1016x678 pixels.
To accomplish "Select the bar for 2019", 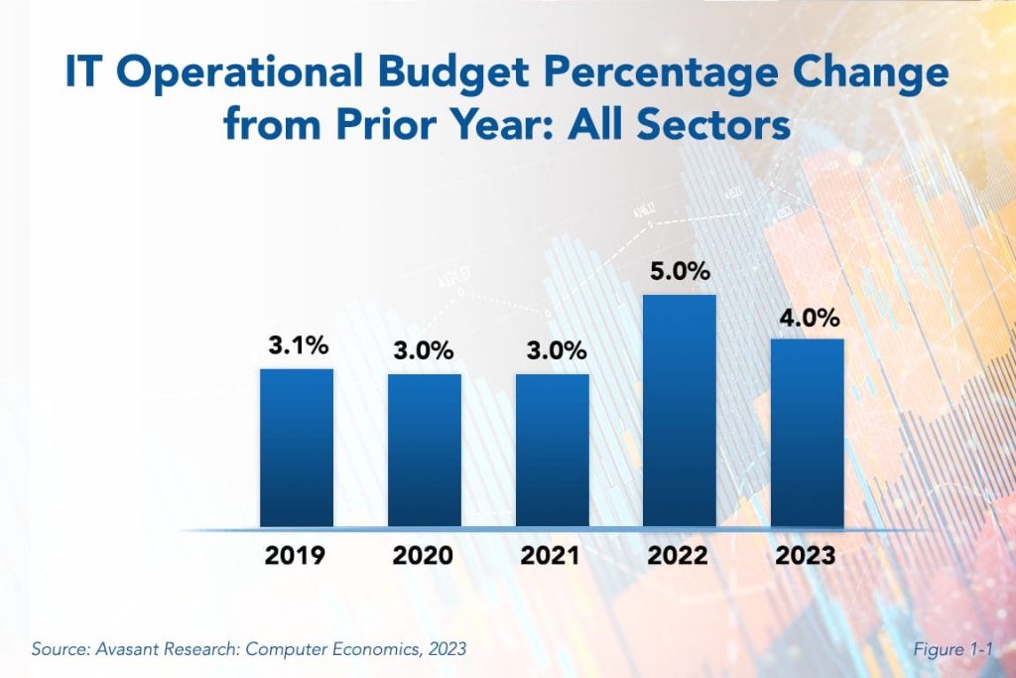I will point(297,447).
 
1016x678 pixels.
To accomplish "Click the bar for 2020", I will point(424,450).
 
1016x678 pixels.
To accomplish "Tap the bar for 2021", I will point(552,450).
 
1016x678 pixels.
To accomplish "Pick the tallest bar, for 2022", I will point(680,410).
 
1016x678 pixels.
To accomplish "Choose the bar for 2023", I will point(807,432).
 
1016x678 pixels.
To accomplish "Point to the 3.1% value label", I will point(297,346).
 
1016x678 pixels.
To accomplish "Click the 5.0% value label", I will point(680,272).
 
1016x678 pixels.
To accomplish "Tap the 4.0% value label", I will point(808,318).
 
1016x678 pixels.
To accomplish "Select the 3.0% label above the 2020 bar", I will point(424,351).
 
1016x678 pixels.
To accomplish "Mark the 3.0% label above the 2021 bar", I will point(552,351).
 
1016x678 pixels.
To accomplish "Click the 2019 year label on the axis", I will point(295,556).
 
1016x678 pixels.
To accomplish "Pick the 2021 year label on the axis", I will point(551,556).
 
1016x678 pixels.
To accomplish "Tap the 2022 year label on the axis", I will point(679,556).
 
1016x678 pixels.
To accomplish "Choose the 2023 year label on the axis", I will point(807,556).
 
